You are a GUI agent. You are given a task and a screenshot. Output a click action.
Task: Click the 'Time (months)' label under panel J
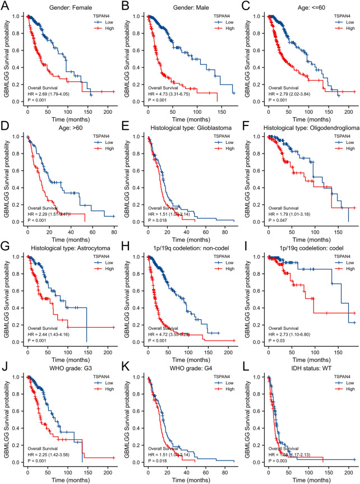(70, 479)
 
